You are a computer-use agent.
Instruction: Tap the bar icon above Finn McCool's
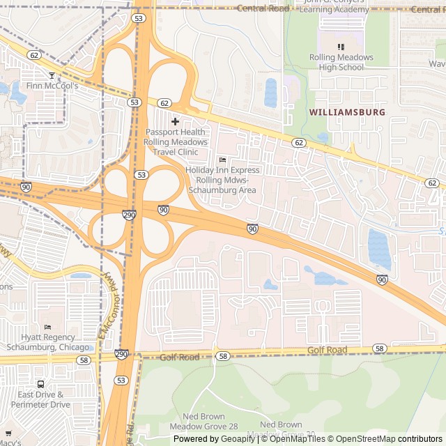[50, 75]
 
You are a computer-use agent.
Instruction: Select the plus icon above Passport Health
[175, 121]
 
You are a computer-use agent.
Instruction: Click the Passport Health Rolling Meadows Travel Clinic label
[176, 141]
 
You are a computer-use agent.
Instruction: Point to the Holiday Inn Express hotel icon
[222, 160]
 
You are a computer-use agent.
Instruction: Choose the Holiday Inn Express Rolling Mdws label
[222, 180]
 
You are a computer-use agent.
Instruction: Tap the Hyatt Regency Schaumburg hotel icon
[47, 328]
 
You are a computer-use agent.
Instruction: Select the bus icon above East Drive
[40, 384]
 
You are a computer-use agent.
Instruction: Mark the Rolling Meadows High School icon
[341, 47]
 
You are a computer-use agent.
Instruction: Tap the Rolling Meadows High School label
[341, 62]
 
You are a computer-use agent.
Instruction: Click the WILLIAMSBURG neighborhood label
[346, 111]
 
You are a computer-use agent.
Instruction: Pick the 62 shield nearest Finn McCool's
[33, 54]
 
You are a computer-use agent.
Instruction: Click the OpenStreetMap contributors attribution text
[387, 439]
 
